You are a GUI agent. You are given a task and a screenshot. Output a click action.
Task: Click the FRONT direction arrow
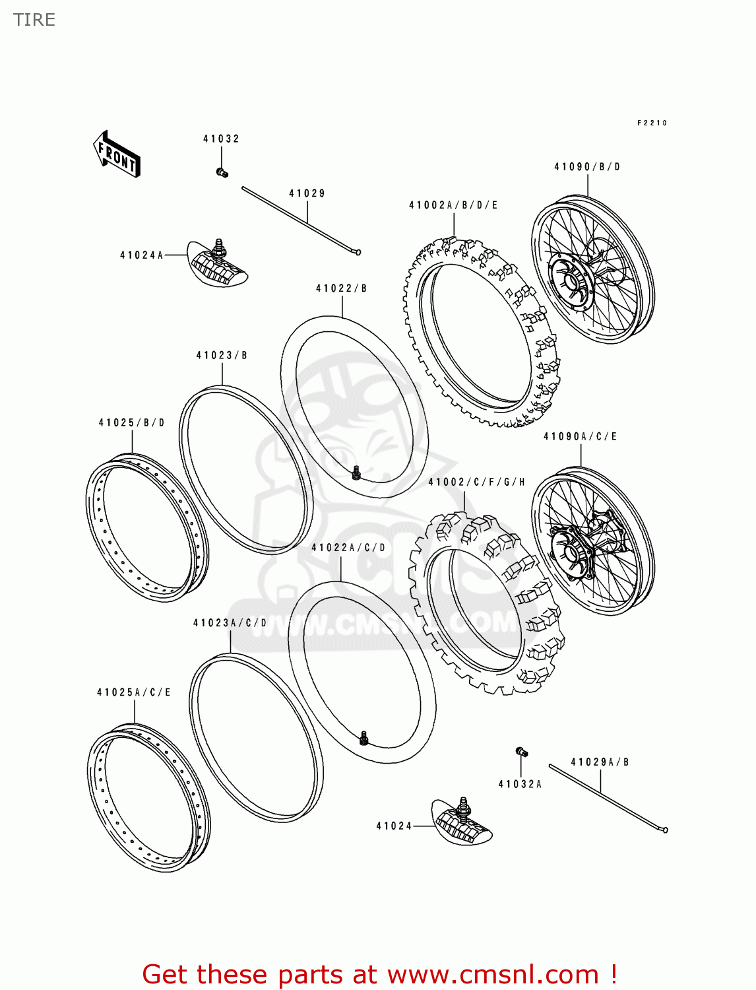tap(117, 154)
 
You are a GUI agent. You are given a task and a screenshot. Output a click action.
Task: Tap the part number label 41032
tap(221, 139)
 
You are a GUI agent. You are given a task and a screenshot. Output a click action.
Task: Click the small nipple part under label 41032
tap(222, 173)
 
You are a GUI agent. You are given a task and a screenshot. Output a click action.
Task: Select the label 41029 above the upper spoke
tap(307, 193)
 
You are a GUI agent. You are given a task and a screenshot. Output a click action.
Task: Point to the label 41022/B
tap(341, 288)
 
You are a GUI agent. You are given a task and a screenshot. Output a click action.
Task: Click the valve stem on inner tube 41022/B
tap(356, 473)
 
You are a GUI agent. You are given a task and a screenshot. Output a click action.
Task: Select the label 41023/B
tap(222, 355)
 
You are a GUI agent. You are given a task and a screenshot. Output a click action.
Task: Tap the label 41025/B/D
tap(132, 422)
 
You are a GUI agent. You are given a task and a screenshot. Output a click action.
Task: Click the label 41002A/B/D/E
tap(453, 205)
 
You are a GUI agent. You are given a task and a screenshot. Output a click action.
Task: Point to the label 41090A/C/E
tap(581, 436)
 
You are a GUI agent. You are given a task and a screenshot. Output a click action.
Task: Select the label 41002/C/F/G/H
tap(477, 482)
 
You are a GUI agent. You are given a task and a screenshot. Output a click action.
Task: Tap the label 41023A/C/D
tap(230, 622)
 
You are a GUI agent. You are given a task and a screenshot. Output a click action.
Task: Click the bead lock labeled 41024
tap(462, 822)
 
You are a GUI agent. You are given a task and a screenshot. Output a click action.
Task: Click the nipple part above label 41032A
tap(521, 752)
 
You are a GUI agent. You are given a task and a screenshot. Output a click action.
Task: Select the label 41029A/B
tap(600, 762)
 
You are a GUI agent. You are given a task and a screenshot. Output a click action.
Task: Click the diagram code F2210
tap(652, 123)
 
